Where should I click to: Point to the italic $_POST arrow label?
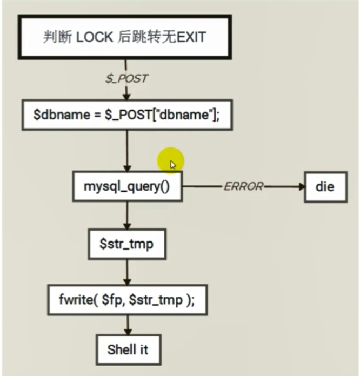pyautogui.click(x=126, y=78)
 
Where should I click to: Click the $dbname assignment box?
pyautogui.click(x=125, y=115)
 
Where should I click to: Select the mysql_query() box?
pyautogui.click(x=126, y=187)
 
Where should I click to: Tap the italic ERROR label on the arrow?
pyautogui.click(x=243, y=187)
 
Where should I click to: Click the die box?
pyautogui.click(x=324, y=187)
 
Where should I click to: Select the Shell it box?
pyautogui.click(x=128, y=349)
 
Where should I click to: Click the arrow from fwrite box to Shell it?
pyautogui.click(x=127, y=326)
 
